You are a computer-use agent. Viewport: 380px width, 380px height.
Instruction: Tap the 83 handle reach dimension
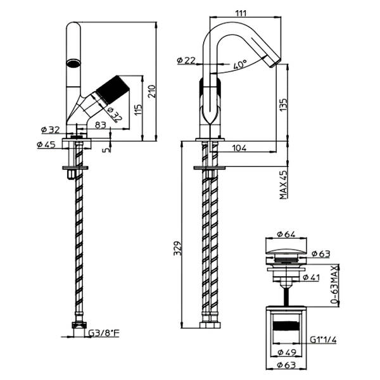(x=101, y=125)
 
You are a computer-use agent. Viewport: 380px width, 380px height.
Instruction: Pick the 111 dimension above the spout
(x=239, y=13)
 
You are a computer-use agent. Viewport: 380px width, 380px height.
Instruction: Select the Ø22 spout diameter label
(x=187, y=60)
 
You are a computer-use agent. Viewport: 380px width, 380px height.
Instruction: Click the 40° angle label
(x=239, y=65)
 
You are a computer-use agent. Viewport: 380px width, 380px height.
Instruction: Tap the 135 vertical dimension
(x=284, y=106)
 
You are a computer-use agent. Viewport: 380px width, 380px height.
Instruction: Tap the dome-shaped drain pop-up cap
(x=285, y=254)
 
